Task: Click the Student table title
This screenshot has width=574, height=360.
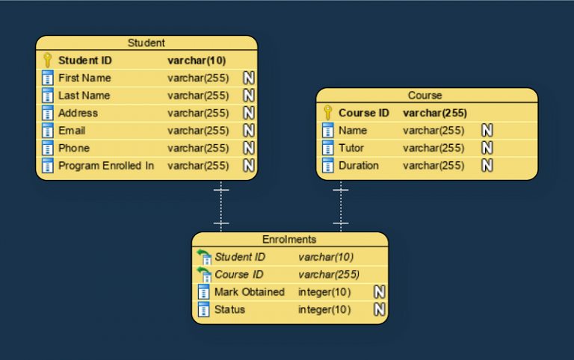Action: point(146,43)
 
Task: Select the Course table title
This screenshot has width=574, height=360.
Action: point(425,96)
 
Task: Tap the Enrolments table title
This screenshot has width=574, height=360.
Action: point(289,240)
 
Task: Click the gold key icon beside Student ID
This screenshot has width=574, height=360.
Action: point(47,60)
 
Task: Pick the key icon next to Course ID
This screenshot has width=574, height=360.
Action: point(327,113)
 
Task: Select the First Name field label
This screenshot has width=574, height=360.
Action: point(84,78)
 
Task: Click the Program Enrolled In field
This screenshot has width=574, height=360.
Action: point(106,166)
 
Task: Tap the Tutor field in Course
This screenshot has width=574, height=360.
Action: point(351,148)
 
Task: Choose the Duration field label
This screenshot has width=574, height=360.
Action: point(359,166)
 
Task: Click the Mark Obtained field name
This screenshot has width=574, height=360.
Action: point(250,292)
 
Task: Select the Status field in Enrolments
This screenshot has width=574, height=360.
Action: point(229,310)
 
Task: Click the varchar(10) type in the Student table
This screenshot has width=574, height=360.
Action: point(197,60)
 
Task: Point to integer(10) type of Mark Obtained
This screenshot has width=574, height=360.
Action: point(324,292)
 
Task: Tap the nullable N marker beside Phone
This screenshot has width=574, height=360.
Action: point(249,148)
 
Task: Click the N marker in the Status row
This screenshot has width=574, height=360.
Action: point(380,310)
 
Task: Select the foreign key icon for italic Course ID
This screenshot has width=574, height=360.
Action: point(204,275)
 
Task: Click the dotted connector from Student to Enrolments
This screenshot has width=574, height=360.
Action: point(221,206)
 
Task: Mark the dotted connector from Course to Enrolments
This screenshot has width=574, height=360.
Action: point(341,206)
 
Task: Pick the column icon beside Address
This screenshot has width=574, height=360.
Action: point(47,114)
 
